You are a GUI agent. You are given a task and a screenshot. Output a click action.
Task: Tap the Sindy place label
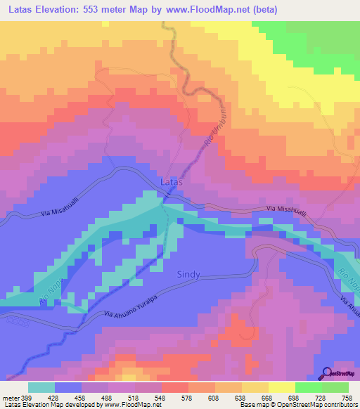[x=188, y=274]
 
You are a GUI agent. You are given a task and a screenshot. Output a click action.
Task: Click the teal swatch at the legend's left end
[x=41, y=387]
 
